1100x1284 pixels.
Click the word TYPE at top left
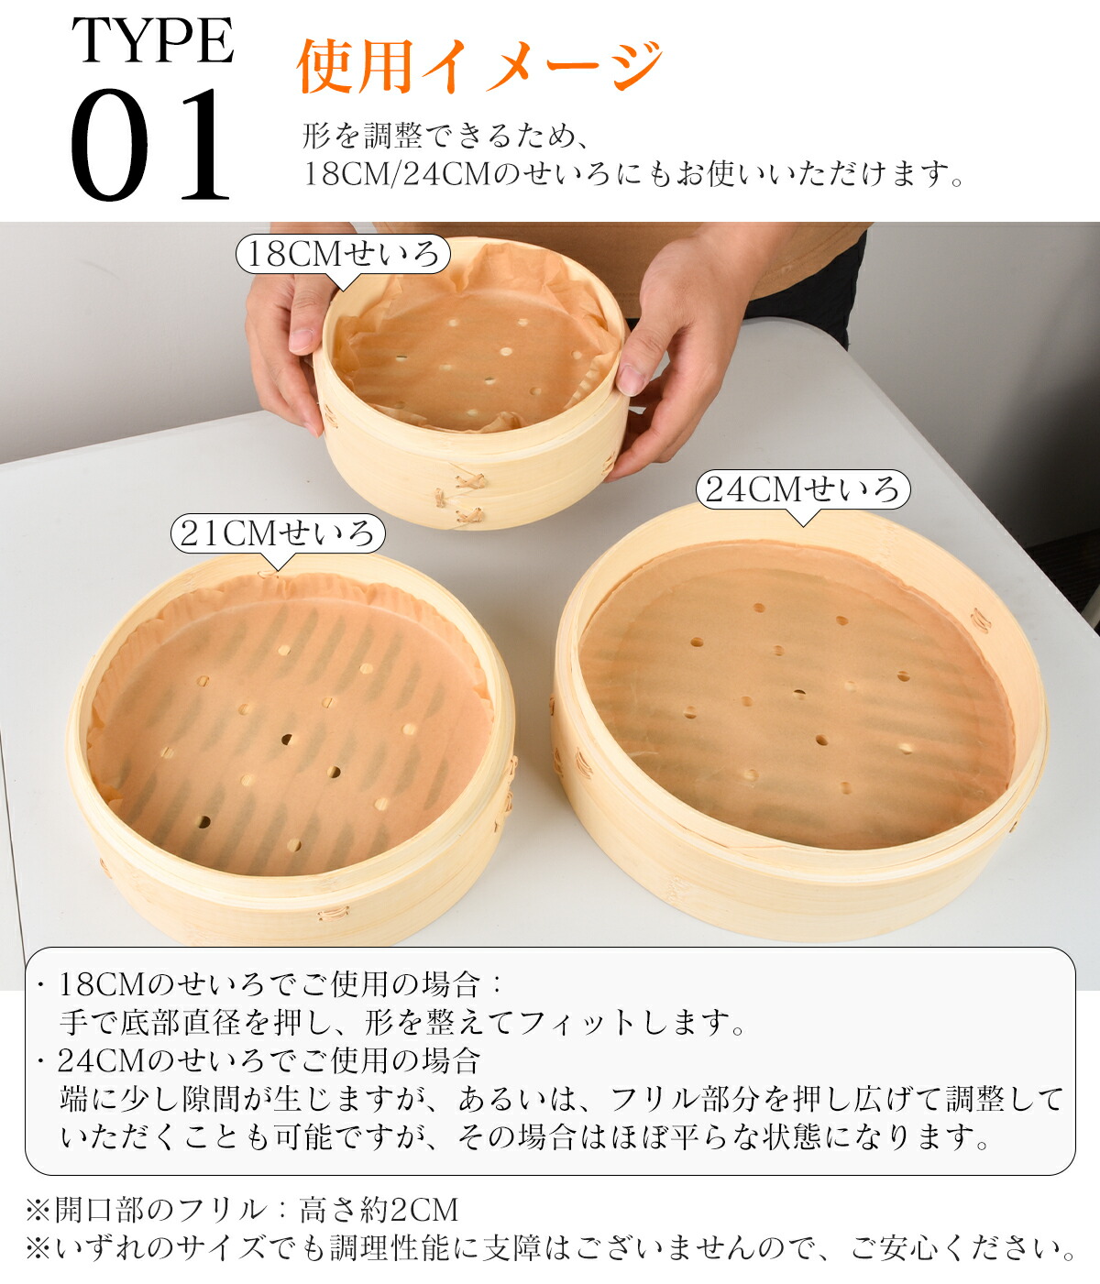[x=153, y=40]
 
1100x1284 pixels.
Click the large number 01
[x=149, y=145]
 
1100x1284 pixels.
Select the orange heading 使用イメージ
[x=479, y=66]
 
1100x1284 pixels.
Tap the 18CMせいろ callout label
[x=343, y=254]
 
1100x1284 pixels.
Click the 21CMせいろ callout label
[x=278, y=533]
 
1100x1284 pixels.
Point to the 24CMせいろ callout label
[x=804, y=488]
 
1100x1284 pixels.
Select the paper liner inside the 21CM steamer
[x=290, y=724]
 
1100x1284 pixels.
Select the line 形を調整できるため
[x=445, y=135]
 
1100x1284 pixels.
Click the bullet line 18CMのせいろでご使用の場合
[x=269, y=985]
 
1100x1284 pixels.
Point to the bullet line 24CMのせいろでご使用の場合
[x=258, y=1061]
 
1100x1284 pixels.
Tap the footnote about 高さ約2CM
[x=242, y=1208]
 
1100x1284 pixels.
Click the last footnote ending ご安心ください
[x=551, y=1247]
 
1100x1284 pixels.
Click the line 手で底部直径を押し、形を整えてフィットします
[x=402, y=1023]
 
